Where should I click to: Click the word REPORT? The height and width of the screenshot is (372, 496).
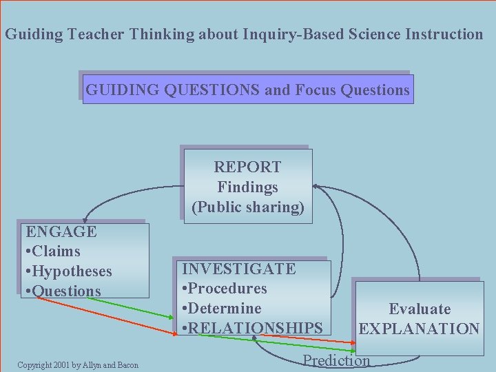[x=247, y=167]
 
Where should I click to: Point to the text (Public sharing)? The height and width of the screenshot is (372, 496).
[x=247, y=207]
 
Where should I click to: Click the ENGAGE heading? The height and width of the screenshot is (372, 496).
[x=61, y=231]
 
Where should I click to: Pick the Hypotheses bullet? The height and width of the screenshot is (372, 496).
[x=69, y=271]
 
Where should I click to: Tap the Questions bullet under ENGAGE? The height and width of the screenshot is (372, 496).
[x=63, y=291]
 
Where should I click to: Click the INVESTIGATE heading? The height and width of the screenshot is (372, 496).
[x=238, y=269]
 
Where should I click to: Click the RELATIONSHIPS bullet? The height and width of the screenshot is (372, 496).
[x=251, y=328]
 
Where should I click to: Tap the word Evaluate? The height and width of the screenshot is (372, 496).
[x=420, y=309]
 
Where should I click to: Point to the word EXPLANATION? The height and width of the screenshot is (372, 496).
[x=420, y=329]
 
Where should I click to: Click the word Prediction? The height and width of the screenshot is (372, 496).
[x=336, y=360]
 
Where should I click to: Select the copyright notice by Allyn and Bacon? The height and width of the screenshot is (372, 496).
[x=78, y=365]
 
